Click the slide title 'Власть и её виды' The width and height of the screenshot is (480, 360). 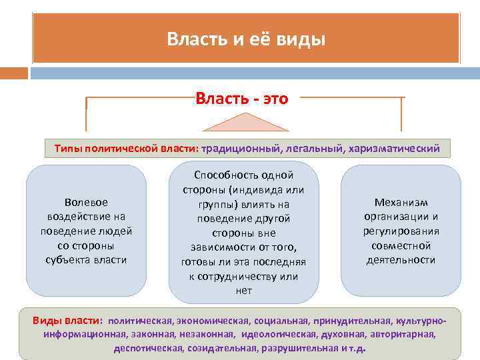click(246, 39)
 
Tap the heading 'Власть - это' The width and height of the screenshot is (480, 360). click(242, 99)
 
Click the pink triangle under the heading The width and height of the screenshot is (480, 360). click(246, 123)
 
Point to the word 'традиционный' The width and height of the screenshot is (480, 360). click(239, 148)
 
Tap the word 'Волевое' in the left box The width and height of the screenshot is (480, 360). click(86, 201)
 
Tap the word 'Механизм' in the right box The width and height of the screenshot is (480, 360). click(401, 202)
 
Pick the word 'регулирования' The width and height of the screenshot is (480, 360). click(401, 231)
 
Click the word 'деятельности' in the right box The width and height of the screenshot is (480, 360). click(401, 260)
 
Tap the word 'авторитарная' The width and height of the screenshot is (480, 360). click(403, 335)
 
